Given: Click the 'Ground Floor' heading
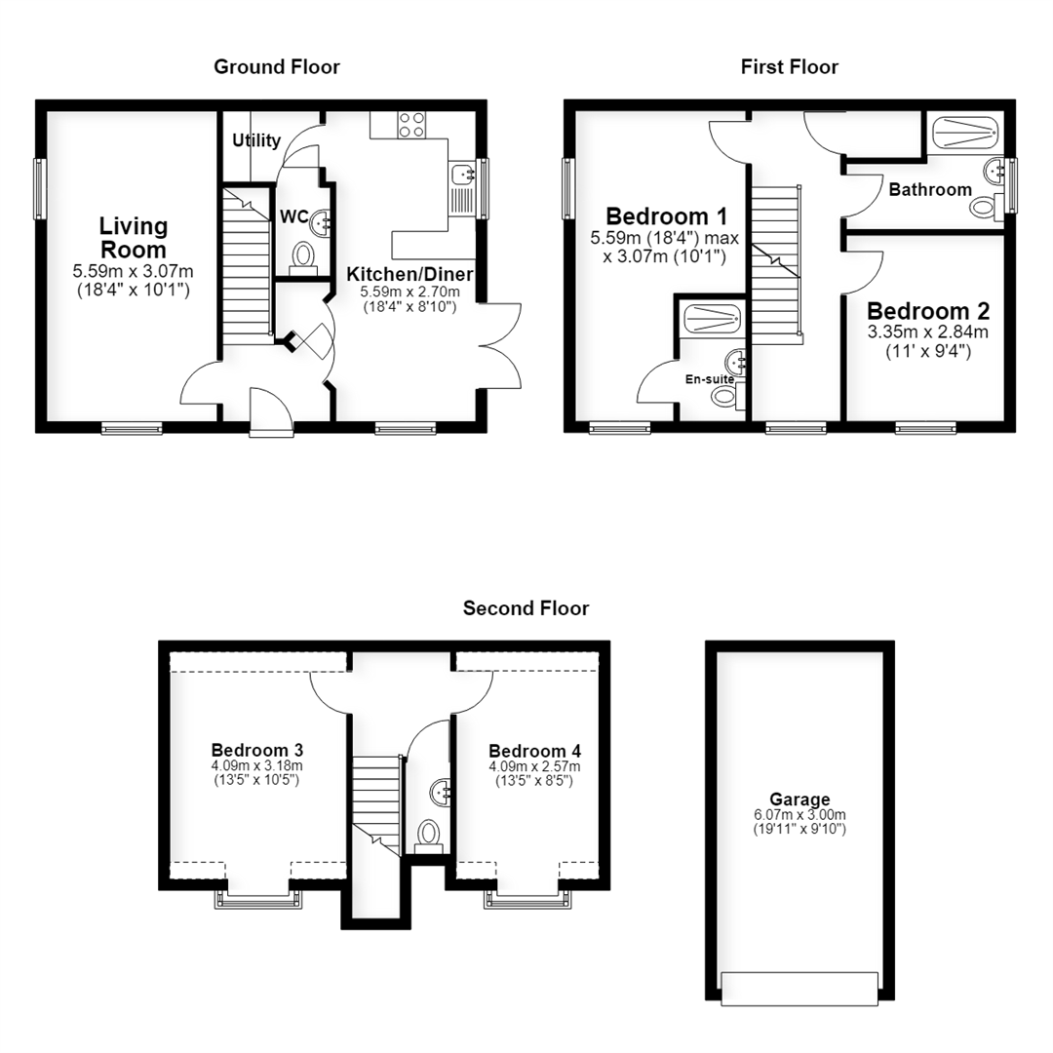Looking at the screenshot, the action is point(277,67).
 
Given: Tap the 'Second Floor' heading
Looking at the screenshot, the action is point(526,608).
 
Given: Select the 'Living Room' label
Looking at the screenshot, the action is point(134,238).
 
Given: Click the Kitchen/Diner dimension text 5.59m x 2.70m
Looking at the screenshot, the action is point(409,292).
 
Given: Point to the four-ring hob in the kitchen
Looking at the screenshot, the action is point(411,125).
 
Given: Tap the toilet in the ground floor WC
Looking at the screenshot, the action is point(303,258).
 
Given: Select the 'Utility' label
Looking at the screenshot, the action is point(256,140).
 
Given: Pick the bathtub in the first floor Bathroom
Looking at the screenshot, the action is point(965,133).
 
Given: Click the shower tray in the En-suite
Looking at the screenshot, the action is point(712,318).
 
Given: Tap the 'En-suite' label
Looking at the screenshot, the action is point(709,379).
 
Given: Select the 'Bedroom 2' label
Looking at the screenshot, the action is point(928,311).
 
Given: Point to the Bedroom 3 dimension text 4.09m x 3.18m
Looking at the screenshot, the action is point(257,765).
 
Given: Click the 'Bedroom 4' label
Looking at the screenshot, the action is point(534,751).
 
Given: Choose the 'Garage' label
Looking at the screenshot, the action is point(799,799).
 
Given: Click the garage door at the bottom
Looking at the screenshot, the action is point(799,989).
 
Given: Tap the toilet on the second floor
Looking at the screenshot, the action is point(428,837).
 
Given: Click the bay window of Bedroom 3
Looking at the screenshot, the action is point(257,899).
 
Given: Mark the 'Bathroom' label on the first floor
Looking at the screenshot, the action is point(930,190).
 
